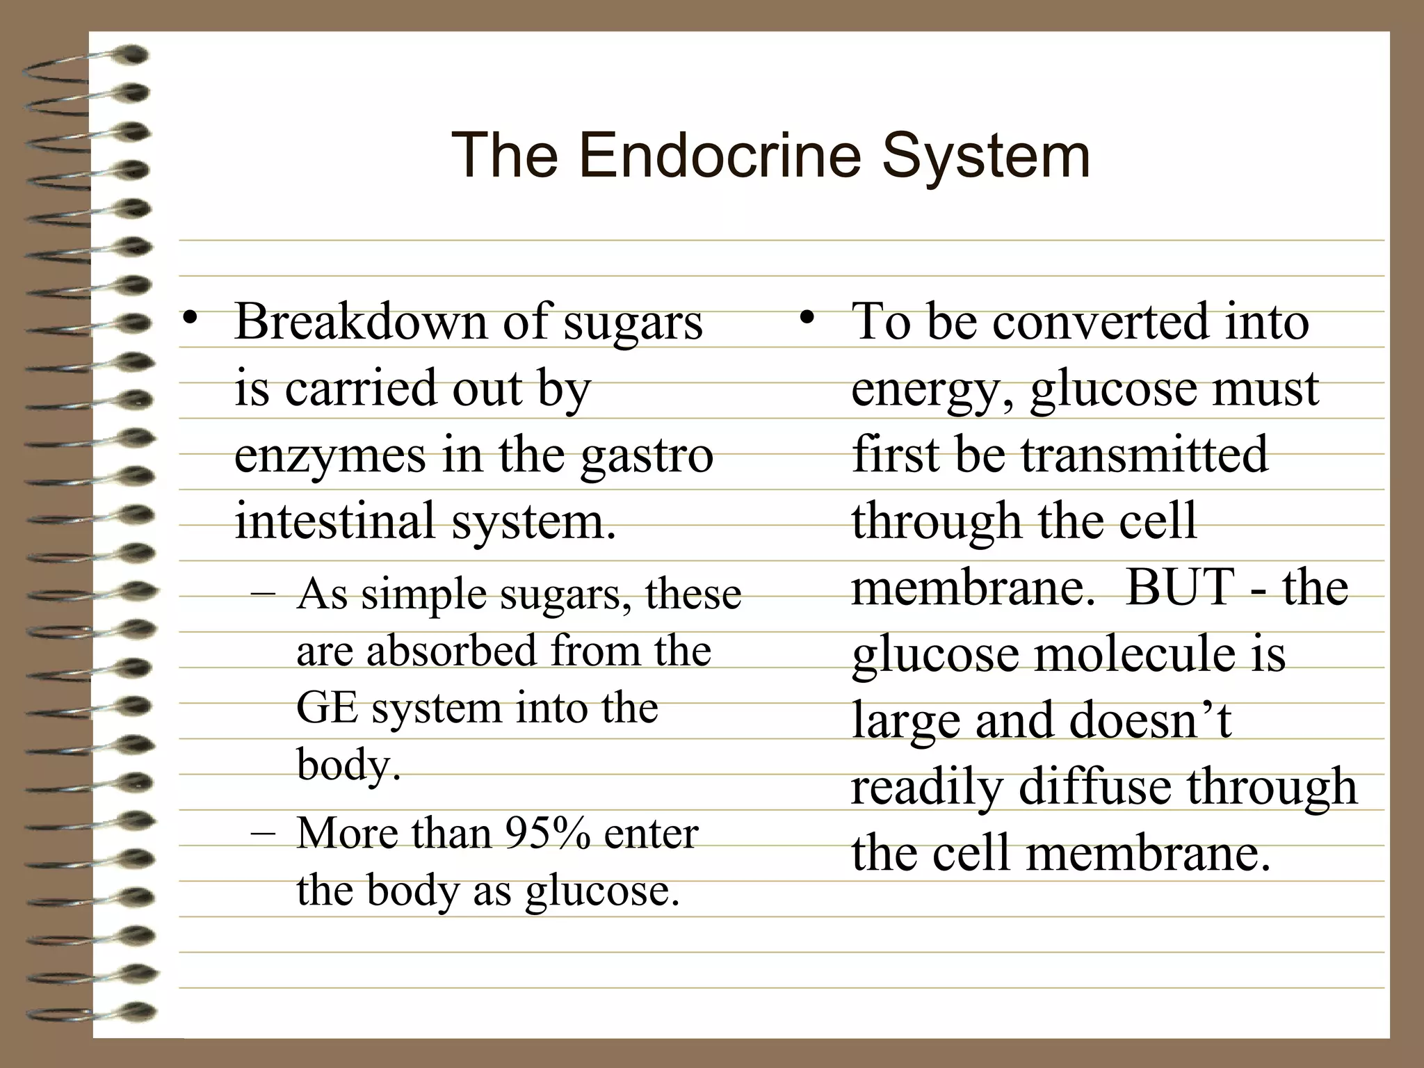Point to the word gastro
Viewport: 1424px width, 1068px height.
click(x=647, y=455)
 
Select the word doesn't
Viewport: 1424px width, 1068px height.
click(x=1150, y=720)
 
